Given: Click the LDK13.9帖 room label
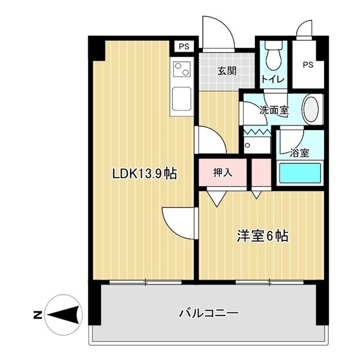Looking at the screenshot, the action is pyautogui.click(x=145, y=173).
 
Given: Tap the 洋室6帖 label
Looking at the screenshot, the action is pyautogui.click(x=262, y=236).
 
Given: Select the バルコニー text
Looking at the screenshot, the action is pyautogui.click(x=209, y=313).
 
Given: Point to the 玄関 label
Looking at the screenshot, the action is pyautogui.click(x=227, y=71).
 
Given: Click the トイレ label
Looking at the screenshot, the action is pyautogui.click(x=273, y=79).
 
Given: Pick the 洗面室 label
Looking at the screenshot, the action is pyautogui.click(x=274, y=110).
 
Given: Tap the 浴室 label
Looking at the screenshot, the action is pyautogui.click(x=299, y=153).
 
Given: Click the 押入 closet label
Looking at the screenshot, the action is pyautogui.click(x=223, y=172).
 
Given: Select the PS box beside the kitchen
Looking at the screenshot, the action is pyautogui.click(x=184, y=47).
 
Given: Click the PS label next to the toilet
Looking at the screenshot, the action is pyautogui.click(x=308, y=65).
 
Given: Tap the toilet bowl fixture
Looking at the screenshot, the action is pyautogui.click(x=274, y=56).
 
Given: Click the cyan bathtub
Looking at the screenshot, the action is pyautogui.click(x=300, y=173).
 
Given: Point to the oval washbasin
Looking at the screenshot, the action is pyautogui.click(x=311, y=110).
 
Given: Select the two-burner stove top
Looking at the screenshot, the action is pyautogui.click(x=182, y=69).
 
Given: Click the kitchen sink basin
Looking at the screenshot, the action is pyautogui.click(x=182, y=98).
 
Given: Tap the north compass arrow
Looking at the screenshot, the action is pyautogui.click(x=64, y=315).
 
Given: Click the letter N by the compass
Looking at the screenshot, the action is pyautogui.click(x=38, y=315).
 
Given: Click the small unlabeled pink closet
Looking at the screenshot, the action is pyautogui.click(x=262, y=172).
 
